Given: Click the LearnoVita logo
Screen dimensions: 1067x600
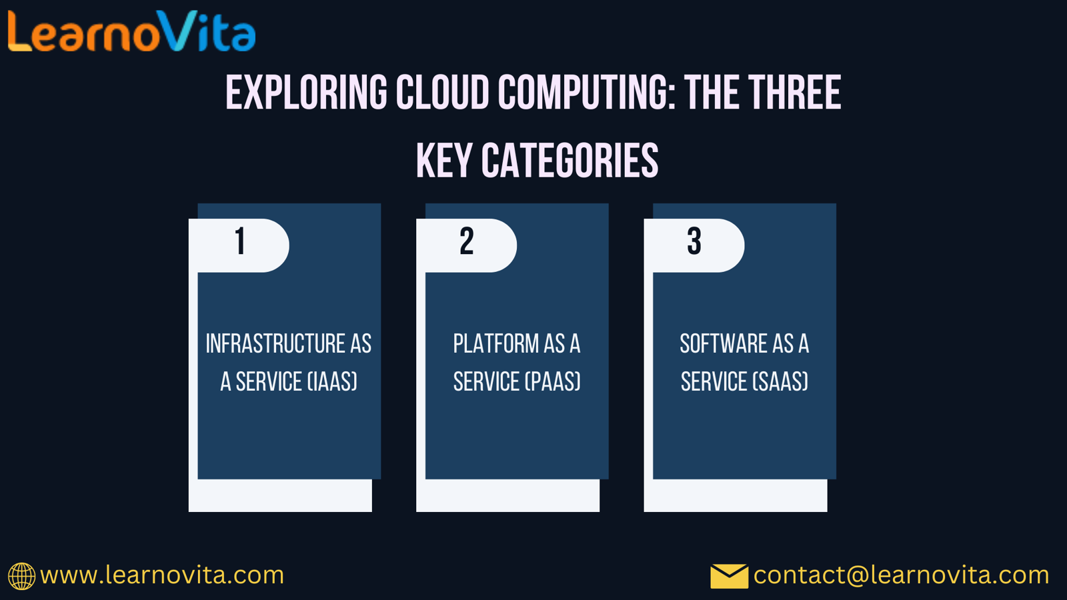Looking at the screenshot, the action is (x=132, y=31).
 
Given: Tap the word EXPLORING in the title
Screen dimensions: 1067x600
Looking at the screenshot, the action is (x=306, y=92).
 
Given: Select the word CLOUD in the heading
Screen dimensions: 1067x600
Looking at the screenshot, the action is (x=443, y=92).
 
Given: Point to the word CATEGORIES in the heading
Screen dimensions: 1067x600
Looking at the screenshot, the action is (x=570, y=161).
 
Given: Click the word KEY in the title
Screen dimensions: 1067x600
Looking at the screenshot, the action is (x=444, y=161).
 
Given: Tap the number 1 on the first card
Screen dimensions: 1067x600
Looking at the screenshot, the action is (x=240, y=241).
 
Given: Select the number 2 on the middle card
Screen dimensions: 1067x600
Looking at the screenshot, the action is (x=467, y=241).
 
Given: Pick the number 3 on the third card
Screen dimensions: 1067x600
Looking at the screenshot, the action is (x=694, y=241).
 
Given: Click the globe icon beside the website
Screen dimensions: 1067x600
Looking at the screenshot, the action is (x=21, y=576).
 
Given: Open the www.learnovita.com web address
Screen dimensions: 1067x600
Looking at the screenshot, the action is (x=162, y=575).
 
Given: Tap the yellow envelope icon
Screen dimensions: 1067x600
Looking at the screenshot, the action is (x=730, y=576).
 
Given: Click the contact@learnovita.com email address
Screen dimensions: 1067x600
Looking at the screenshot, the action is (x=901, y=575).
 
